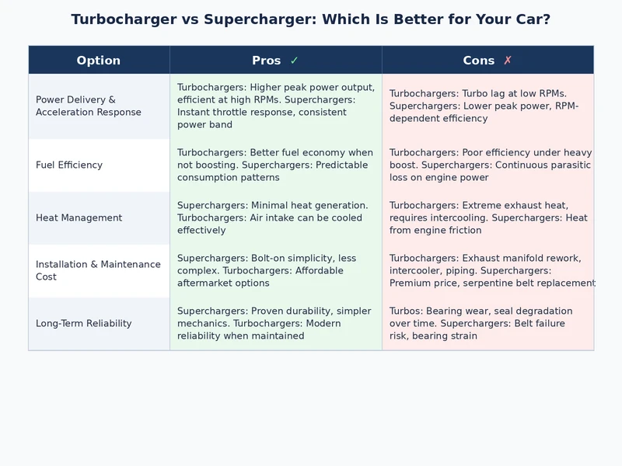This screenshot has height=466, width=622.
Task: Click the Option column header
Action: tap(99, 61)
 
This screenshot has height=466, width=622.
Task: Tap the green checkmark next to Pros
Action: tap(294, 61)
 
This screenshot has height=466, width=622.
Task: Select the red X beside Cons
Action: tap(508, 61)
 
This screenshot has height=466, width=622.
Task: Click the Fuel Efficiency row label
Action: tap(69, 165)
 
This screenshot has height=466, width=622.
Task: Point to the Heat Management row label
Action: tap(79, 217)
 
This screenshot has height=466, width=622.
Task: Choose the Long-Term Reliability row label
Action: tap(83, 323)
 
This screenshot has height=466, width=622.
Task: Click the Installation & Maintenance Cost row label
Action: tap(98, 270)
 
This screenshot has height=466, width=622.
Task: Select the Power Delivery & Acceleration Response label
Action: tap(89, 106)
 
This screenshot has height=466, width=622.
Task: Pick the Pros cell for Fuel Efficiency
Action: tap(275, 165)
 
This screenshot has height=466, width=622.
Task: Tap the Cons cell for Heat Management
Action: tap(487, 217)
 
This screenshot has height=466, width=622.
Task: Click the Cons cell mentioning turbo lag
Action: tap(487, 106)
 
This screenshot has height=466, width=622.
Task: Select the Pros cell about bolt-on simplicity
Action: tap(275, 270)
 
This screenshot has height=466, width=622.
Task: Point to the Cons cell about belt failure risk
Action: tap(487, 323)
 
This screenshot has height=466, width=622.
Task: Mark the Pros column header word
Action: tap(267, 61)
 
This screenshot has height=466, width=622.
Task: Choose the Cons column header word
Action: tap(479, 61)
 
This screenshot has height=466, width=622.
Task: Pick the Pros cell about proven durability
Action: tap(275, 323)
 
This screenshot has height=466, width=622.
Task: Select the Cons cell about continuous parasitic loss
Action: tap(487, 165)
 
